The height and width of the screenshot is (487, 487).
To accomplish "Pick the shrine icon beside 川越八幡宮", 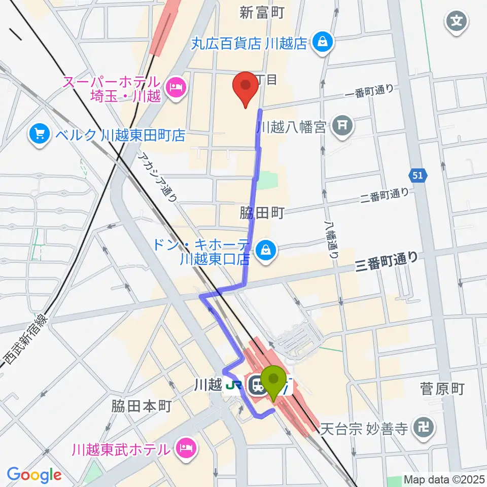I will (x=343, y=124).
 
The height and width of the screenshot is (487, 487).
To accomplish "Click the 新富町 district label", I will (x=262, y=12).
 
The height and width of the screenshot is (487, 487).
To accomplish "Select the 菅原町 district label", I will (x=442, y=389).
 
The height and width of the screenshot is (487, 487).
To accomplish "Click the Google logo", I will (x=34, y=475).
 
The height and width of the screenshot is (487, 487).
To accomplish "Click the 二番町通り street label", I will (x=385, y=194).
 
